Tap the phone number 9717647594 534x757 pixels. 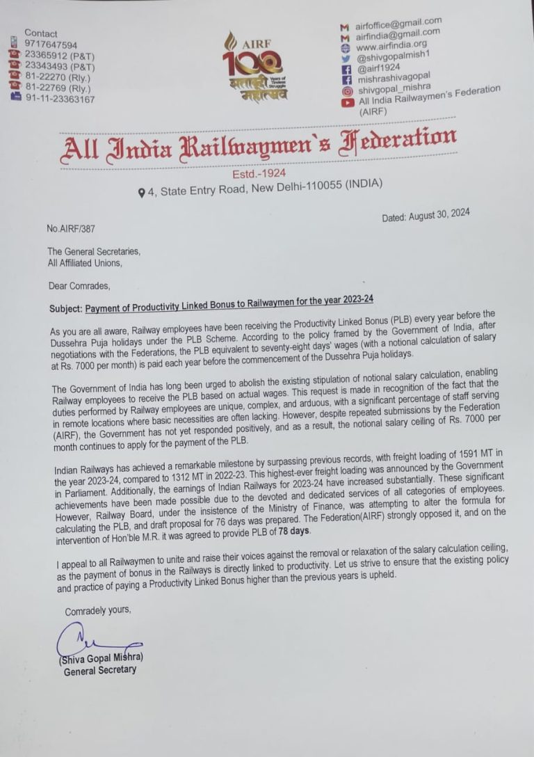point(51,45)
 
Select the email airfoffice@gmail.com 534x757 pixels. point(398,23)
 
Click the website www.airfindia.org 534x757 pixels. point(391,45)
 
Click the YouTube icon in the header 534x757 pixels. point(347,102)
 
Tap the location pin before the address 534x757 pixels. point(142,191)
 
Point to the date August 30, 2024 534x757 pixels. point(426,216)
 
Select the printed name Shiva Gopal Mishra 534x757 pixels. point(102,658)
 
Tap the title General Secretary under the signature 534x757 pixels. point(100,670)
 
